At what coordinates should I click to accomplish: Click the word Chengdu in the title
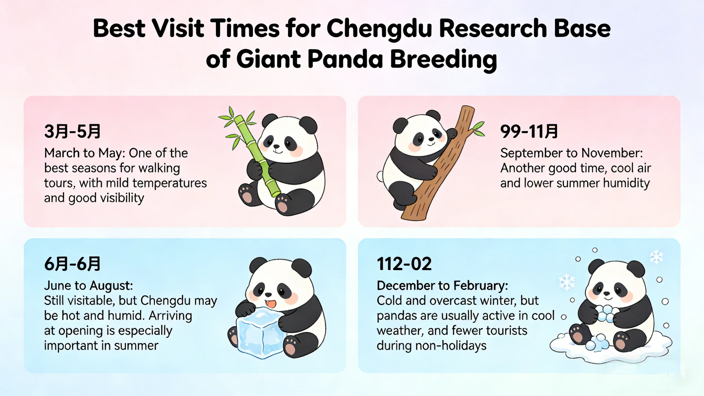379,29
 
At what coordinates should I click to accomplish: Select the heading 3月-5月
72,131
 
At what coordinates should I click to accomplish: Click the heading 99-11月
529,131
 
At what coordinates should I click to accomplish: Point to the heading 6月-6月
72,264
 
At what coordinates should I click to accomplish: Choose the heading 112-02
404,264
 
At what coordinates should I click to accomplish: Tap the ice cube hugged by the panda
260,334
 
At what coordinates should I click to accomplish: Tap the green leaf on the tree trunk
479,129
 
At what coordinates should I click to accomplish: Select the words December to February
442,286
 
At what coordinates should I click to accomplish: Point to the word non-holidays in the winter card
451,346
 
